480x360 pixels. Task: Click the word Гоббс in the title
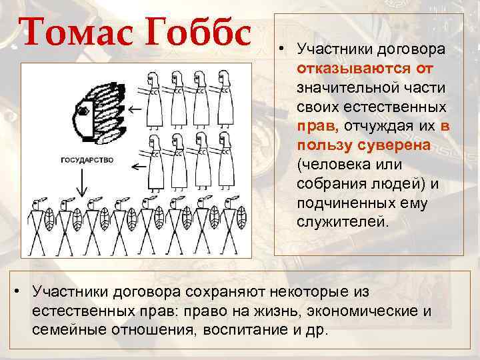click(201, 33)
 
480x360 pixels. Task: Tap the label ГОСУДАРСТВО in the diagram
click(87, 160)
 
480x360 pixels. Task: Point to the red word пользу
click(323, 145)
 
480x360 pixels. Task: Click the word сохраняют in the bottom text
click(225, 291)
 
